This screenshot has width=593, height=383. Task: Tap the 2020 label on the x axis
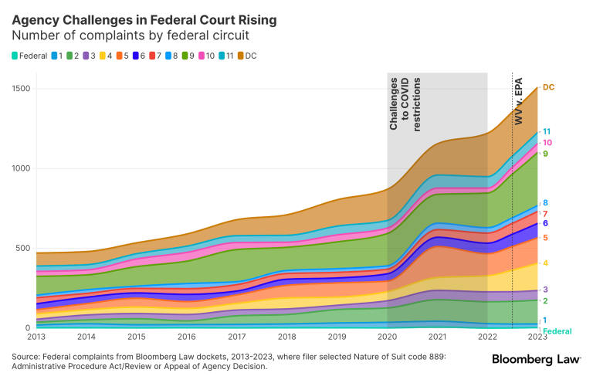point(388,337)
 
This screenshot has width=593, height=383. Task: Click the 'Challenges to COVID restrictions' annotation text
point(405,103)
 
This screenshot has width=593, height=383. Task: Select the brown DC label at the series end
point(548,88)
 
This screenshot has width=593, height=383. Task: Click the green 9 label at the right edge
point(545,154)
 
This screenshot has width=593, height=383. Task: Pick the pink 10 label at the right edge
point(547,143)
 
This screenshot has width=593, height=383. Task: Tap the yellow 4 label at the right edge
point(545,263)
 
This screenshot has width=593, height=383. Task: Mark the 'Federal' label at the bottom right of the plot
point(556,331)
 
